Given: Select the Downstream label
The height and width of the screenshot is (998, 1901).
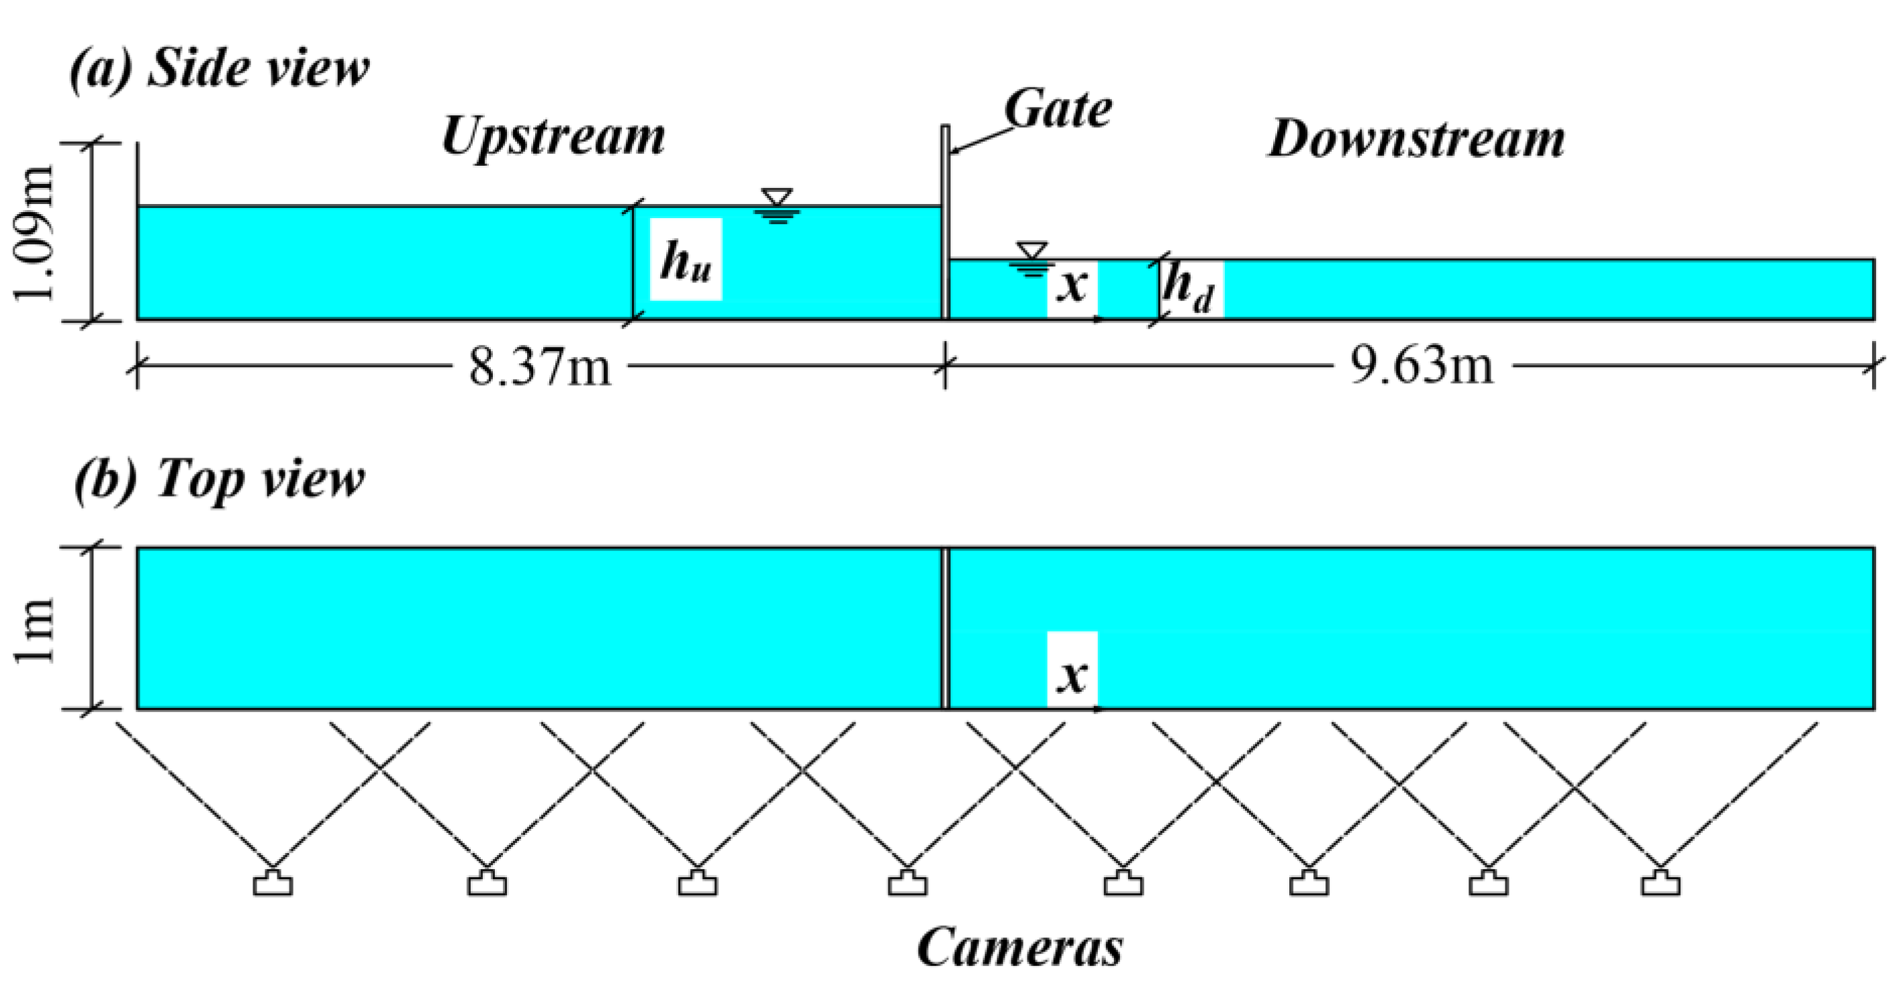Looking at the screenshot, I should click(x=1416, y=140).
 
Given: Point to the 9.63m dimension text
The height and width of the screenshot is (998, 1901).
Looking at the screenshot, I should click(x=1422, y=366).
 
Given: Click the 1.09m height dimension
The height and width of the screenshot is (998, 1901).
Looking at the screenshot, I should click(x=35, y=232).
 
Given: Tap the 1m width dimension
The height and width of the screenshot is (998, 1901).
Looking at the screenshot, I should click(x=35, y=629).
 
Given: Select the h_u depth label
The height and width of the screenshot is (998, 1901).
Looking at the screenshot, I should click(x=686, y=260).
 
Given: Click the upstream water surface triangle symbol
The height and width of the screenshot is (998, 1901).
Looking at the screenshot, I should click(x=778, y=198).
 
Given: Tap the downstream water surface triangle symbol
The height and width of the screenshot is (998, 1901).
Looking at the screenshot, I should click(x=1031, y=250).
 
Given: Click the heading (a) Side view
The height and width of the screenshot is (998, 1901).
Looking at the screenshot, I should click(x=220, y=68).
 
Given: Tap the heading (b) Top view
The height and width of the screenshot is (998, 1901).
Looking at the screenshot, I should click(x=220, y=479).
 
